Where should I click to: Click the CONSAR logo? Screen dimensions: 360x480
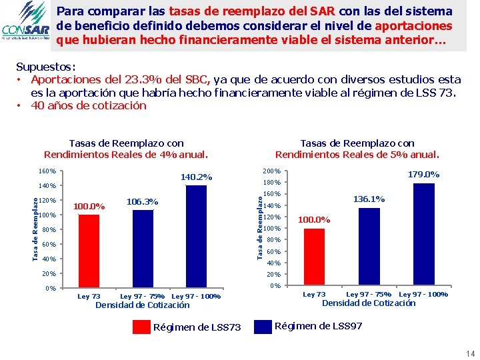[x=25, y=25]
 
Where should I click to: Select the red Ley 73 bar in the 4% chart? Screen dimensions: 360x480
[x=88, y=252]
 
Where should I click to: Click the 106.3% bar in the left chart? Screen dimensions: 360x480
[x=143, y=249]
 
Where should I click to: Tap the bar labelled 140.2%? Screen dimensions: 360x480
[x=197, y=237]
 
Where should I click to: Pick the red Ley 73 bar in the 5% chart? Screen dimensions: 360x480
[x=314, y=257]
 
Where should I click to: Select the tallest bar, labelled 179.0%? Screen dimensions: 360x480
[x=423, y=235]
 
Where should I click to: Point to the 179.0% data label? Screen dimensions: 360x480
[x=423, y=175]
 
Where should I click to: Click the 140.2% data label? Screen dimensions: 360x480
[x=197, y=177]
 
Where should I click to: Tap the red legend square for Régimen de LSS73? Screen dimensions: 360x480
[x=141, y=327]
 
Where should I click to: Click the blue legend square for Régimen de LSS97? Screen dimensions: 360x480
[x=264, y=326]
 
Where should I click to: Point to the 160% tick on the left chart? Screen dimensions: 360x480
[x=47, y=171]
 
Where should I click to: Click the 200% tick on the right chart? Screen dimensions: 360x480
[x=272, y=171]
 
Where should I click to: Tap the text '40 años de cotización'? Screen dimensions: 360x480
[x=88, y=105]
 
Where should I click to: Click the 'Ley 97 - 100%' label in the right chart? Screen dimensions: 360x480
[x=423, y=294]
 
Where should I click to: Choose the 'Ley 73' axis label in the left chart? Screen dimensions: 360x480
[x=89, y=296]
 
